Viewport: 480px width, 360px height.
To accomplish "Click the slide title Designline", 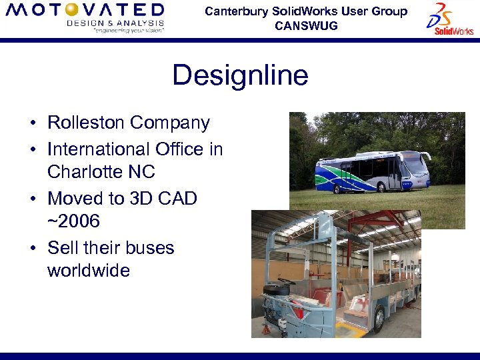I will [x=240, y=75].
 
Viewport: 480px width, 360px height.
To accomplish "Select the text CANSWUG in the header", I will [x=306, y=26].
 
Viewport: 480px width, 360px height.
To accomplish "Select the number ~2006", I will [x=73, y=221].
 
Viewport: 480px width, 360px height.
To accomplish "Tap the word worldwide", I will [x=89, y=271].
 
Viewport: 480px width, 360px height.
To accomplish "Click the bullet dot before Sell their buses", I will [x=32, y=248].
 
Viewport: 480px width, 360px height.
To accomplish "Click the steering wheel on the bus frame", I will [x=286, y=282].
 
